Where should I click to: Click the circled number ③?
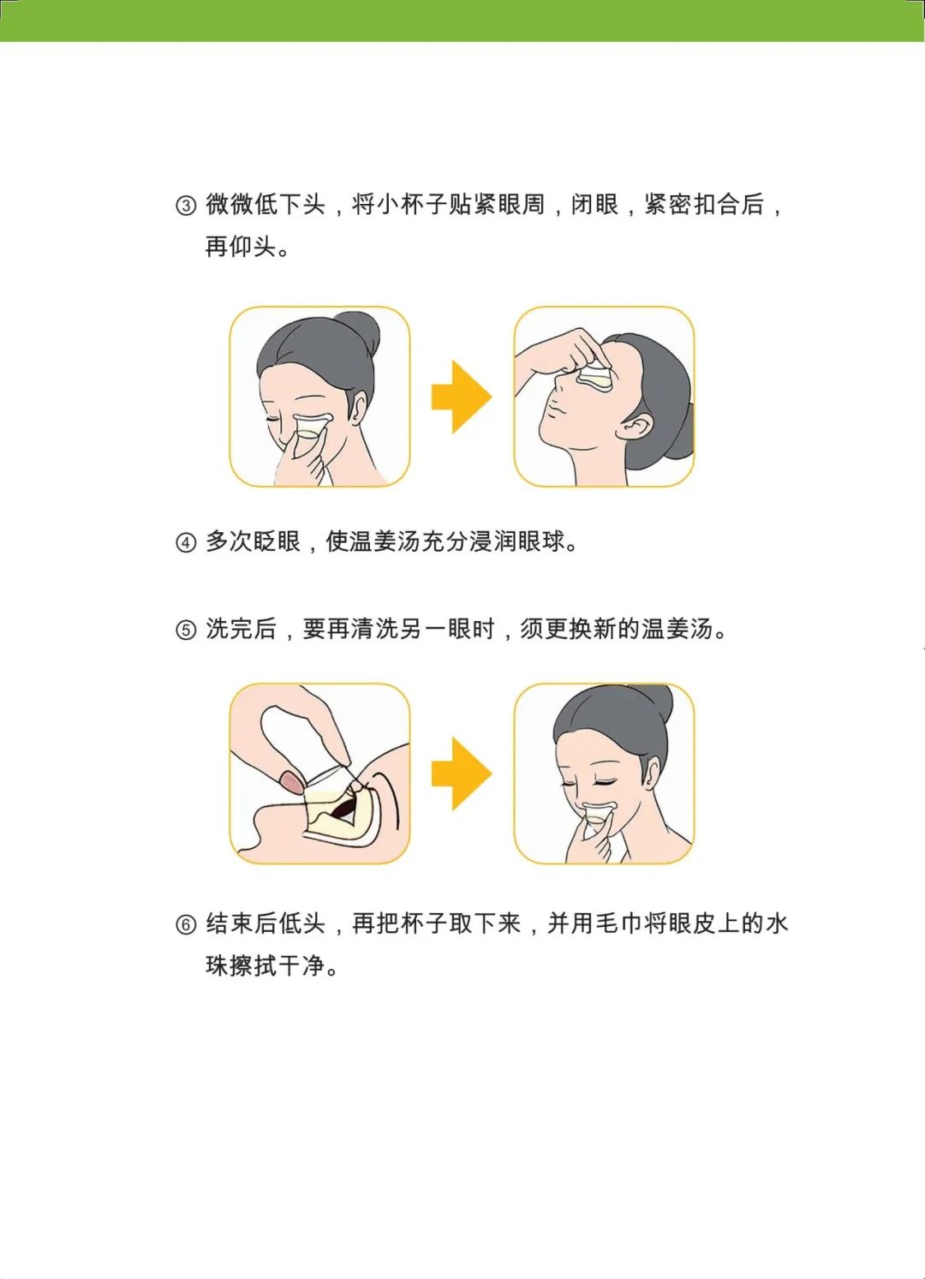pos(186,206)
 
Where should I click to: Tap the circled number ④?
pos(186,543)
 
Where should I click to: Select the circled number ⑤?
pos(186,631)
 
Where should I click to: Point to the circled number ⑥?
pos(186,925)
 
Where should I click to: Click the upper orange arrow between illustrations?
pos(462,397)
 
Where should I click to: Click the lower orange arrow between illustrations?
pos(462,774)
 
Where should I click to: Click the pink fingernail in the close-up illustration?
pos(291,780)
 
